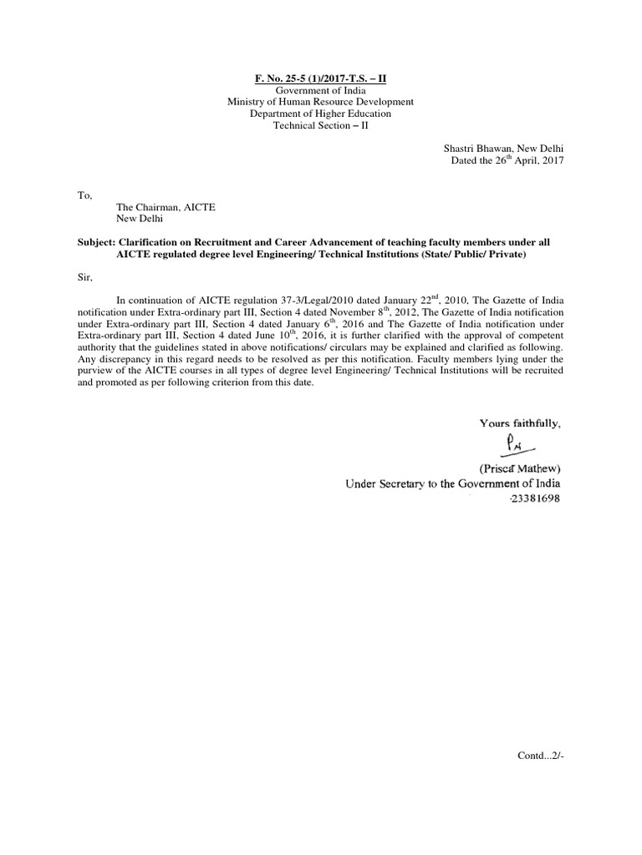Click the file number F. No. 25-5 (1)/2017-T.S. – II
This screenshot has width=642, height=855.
321,78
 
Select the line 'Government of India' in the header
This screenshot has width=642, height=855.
321,90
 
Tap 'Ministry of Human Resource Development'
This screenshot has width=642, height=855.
321,102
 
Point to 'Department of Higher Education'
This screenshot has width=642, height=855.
321,114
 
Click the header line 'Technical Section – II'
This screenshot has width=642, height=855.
321,125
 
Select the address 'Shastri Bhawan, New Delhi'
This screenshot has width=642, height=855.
504,148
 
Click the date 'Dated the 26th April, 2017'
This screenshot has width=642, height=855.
507,160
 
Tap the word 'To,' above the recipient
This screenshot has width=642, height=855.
84,195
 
